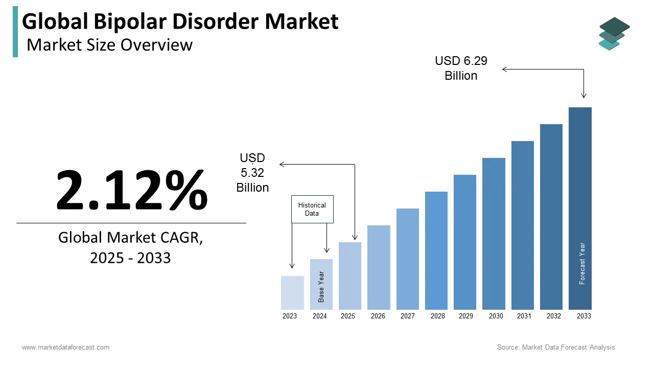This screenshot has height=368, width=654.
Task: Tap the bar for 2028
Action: click(x=436, y=250)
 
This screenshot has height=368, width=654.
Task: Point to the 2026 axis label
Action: click(x=378, y=316)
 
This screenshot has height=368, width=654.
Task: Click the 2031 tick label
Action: click(x=524, y=316)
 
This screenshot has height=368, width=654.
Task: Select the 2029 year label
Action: click(x=465, y=316)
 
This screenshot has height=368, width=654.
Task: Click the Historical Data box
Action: click(x=312, y=209)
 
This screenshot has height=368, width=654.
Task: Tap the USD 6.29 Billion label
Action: click(x=461, y=68)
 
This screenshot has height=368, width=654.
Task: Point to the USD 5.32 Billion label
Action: click(x=252, y=173)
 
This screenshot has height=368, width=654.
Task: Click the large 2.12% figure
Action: click(x=131, y=190)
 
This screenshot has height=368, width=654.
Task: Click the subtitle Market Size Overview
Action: click(x=109, y=45)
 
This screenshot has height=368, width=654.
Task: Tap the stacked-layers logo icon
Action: click(x=614, y=33)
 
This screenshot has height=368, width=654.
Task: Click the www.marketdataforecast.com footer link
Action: click(x=65, y=348)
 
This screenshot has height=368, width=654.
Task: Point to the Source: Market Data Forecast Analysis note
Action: click(x=556, y=348)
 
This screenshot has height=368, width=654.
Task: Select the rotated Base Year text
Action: click(x=321, y=286)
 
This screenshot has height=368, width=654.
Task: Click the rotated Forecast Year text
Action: click(x=582, y=263)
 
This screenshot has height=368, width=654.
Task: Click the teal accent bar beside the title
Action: click(x=15, y=32)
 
